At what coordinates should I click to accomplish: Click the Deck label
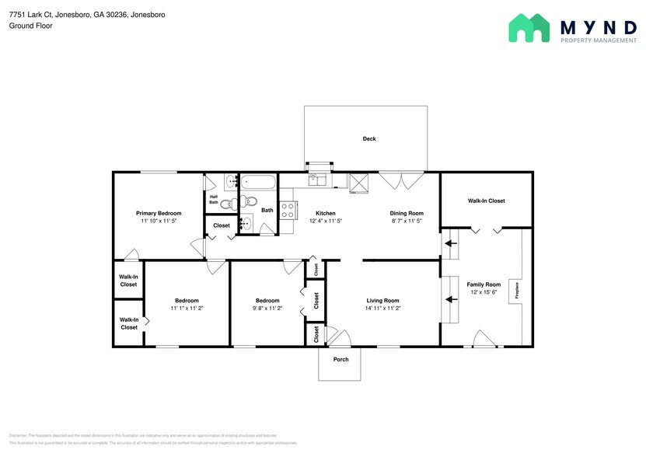(x=369, y=139)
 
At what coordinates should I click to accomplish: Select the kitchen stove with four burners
(x=288, y=210)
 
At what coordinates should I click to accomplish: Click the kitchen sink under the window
(x=318, y=180)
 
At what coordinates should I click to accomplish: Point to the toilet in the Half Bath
(x=226, y=205)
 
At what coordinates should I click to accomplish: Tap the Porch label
(x=340, y=359)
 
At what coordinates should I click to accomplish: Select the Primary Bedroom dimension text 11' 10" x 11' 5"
(x=159, y=222)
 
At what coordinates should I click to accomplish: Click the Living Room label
(x=382, y=300)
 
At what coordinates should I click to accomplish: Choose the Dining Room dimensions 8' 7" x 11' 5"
(x=407, y=222)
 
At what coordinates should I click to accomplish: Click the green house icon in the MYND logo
(x=529, y=28)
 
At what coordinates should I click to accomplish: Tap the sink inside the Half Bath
(x=231, y=183)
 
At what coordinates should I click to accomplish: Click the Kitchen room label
(x=325, y=213)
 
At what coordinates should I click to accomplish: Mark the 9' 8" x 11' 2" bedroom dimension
(x=268, y=309)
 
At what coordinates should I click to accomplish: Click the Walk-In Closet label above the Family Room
(x=486, y=201)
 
